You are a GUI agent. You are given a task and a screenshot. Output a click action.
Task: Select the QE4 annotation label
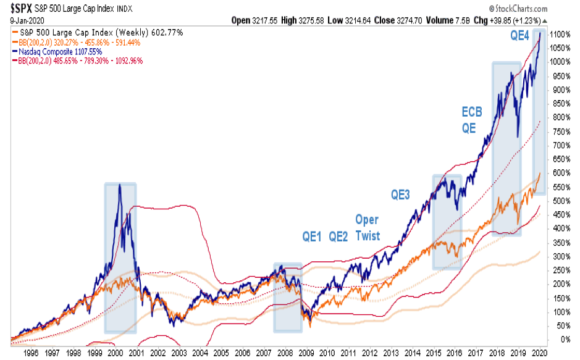519,36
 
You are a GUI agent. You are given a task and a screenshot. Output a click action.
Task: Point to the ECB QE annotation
472,119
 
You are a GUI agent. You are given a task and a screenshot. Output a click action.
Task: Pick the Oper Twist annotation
367,227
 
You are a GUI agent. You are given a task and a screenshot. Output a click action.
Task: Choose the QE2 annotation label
339,235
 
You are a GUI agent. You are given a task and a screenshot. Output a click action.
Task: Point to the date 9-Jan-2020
23,20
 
